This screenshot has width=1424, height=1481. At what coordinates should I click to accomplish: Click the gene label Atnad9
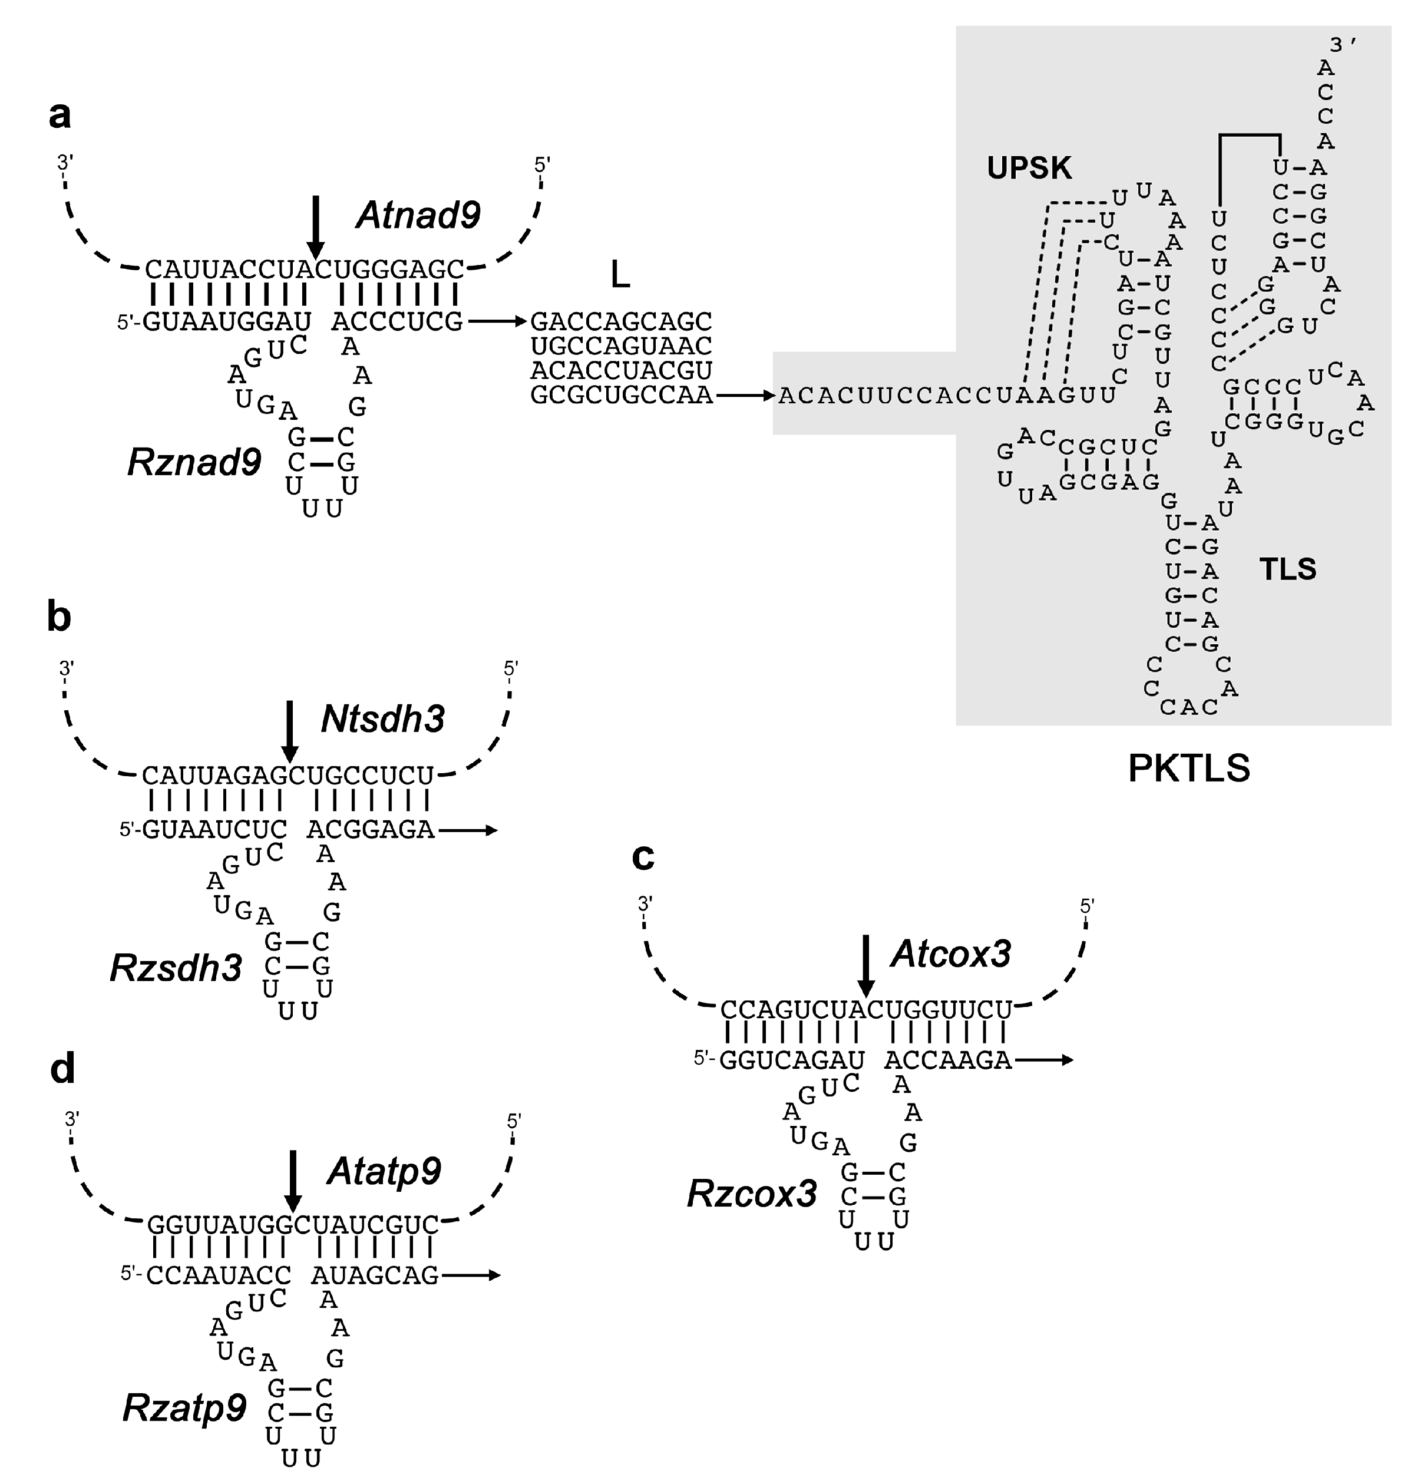[x=418, y=216]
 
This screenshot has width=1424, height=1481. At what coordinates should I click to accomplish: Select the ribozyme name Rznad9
[x=194, y=462]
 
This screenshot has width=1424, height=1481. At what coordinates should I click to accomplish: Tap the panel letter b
[x=59, y=617]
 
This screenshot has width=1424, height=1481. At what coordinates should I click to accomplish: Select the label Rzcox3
[x=751, y=1194]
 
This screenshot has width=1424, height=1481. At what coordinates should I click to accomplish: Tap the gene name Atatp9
[x=384, y=1171]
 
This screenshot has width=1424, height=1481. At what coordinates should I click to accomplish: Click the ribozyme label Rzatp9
[x=184, y=1408]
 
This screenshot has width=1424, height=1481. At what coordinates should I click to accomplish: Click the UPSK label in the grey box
[x=1029, y=168]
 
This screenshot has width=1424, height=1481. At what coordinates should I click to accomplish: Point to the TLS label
[x=1287, y=569]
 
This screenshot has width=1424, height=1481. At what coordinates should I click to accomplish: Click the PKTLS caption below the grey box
[x=1188, y=768]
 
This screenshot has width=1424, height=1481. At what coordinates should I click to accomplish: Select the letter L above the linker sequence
[x=620, y=277]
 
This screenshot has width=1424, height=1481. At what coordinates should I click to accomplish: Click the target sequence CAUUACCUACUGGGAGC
[x=305, y=270]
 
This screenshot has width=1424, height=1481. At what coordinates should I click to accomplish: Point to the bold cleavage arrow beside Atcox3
[x=866, y=965]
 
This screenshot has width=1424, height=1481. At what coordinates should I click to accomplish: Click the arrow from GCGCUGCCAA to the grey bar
[x=745, y=395]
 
